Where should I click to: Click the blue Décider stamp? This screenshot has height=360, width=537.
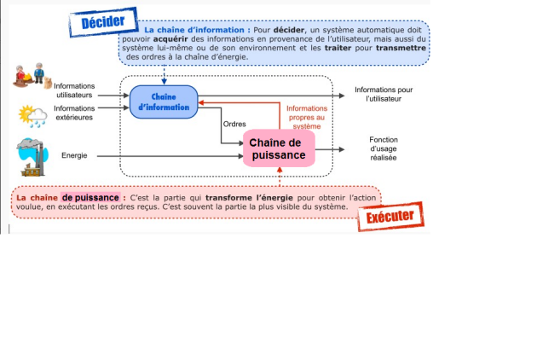point(103,22)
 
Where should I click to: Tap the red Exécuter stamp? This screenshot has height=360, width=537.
point(390,217)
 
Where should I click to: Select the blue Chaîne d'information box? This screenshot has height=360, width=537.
point(164,102)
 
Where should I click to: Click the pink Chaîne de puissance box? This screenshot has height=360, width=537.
point(279,148)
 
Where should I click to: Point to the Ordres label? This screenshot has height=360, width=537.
point(234,124)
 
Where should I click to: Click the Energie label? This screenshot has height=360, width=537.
point(74,155)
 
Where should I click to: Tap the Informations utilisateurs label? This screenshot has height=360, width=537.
point(74,90)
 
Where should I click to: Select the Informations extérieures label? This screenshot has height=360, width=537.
point(74,113)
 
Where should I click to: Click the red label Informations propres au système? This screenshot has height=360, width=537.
point(307,117)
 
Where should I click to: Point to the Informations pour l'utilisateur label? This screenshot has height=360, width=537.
point(384,94)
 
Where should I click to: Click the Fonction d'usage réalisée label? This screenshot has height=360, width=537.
point(384,148)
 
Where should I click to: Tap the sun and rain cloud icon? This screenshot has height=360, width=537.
point(32,116)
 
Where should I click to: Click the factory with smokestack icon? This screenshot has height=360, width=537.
point(32,157)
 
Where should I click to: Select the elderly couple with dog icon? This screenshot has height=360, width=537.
point(32,76)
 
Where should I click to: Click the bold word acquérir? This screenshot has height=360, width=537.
point(170,39)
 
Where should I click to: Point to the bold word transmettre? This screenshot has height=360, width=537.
point(401,48)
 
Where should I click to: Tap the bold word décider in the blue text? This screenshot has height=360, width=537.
point(289,30)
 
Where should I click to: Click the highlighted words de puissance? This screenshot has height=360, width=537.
point(90,197)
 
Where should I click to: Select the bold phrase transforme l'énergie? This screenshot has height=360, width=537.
point(249,197)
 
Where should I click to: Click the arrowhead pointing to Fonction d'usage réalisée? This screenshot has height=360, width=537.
point(342,149)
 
